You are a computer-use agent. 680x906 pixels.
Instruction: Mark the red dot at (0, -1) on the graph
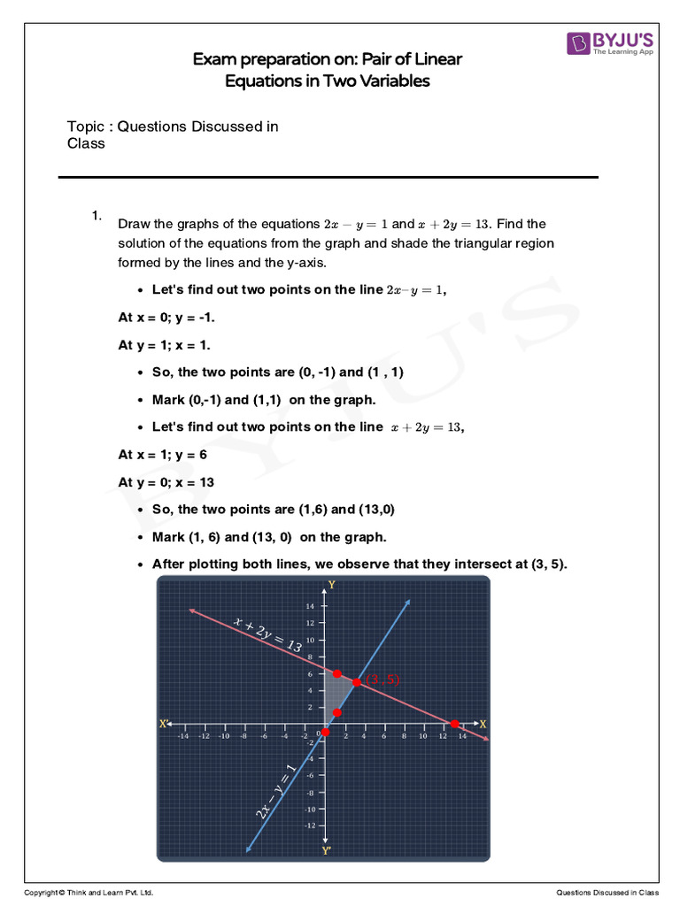tap(325, 732)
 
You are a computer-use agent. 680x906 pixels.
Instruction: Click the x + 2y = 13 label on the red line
tap(267, 635)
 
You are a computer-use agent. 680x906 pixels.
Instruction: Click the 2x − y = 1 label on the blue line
tap(276, 790)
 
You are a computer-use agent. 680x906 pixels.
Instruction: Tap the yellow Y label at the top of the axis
tap(331, 585)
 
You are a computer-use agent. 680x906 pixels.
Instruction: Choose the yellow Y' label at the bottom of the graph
tap(326, 851)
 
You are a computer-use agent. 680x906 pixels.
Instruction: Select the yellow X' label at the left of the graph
tap(164, 724)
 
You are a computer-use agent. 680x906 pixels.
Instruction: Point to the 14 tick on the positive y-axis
tap(311, 607)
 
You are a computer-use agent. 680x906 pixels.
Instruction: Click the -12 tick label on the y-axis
tap(310, 825)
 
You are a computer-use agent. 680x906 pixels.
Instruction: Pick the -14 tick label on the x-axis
tap(182, 735)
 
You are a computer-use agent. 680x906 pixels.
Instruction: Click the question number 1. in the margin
tap(97, 216)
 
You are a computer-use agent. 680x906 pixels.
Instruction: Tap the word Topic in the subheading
tap(86, 127)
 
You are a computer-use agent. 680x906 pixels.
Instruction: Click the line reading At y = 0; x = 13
tap(166, 482)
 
